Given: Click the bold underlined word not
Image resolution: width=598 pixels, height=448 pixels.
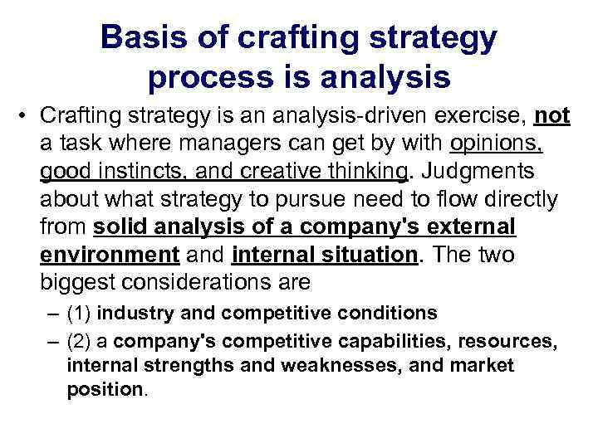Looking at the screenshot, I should [x=552, y=115].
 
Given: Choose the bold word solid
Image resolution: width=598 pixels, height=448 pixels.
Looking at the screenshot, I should [x=121, y=226].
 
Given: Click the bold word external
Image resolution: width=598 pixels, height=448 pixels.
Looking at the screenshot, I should [x=471, y=226].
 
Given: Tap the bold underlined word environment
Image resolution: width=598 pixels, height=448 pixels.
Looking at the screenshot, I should [x=110, y=254].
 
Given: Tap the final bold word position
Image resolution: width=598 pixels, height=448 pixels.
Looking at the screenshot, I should [x=105, y=390].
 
